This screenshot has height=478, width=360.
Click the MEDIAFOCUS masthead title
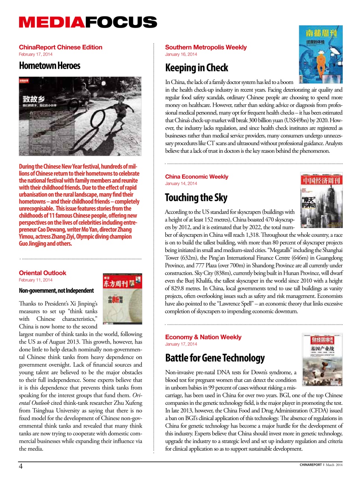(88, 22)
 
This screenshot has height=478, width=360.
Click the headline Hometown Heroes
(50, 66)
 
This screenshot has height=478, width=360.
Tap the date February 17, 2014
(35, 55)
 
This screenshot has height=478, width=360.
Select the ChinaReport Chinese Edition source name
(60, 47)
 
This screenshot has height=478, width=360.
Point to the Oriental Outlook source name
(43, 273)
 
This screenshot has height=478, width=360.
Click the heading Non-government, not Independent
(56, 291)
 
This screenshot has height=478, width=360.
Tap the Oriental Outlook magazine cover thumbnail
(122, 299)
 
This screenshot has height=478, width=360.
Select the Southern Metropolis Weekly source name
(206, 47)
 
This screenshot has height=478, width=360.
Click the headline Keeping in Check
(196, 68)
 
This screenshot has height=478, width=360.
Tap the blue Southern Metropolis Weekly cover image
(320, 54)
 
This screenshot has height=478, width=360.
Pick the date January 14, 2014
(181, 184)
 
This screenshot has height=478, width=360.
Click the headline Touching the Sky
(196, 198)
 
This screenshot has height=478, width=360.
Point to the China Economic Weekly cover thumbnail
(321, 198)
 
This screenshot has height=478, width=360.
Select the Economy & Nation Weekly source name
(203, 337)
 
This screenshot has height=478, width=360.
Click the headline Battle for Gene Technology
(215, 358)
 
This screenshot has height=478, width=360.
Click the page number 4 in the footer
(21, 466)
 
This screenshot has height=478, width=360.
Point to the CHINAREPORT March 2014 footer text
(320, 465)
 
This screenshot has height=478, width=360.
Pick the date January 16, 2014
(181, 55)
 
